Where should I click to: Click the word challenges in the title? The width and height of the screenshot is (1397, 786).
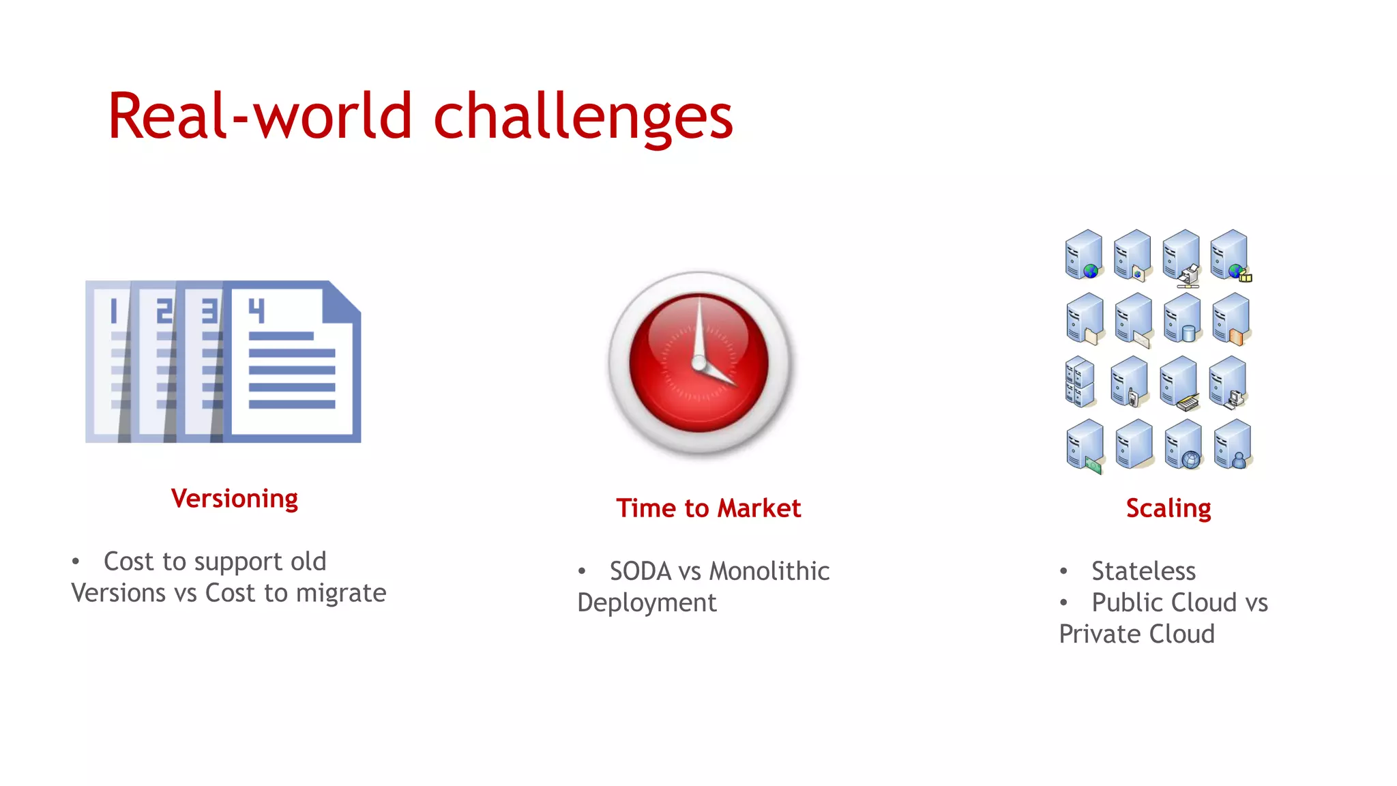point(583,117)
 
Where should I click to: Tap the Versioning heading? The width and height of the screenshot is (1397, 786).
point(234,499)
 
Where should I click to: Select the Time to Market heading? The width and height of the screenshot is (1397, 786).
point(708,508)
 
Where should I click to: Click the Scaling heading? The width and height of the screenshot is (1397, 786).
point(1168,508)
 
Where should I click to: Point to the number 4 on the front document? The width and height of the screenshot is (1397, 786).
point(256,310)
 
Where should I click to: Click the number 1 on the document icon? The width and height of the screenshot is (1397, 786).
point(115,310)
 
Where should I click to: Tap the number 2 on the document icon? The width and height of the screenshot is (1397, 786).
point(164,310)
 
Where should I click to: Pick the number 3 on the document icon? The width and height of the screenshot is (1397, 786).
point(209,310)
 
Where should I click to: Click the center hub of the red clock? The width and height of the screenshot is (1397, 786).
point(699,363)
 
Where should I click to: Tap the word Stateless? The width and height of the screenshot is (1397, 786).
point(1143,571)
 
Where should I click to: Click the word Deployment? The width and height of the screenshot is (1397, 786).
point(647,602)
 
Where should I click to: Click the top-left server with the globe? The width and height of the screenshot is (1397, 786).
point(1083,254)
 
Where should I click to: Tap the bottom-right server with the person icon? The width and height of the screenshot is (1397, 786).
point(1233,445)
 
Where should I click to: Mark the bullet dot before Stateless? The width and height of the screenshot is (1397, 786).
point(1063,571)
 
